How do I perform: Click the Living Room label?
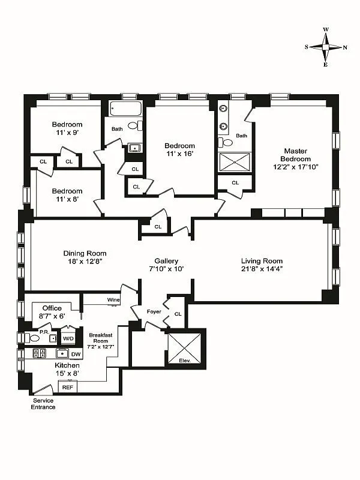(262, 260)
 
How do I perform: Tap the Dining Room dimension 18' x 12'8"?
(85, 261)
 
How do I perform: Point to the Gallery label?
(166, 260)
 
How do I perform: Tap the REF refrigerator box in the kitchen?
(67, 387)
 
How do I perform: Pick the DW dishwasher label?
(76, 354)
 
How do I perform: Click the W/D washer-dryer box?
(68, 337)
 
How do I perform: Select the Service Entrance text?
(43, 404)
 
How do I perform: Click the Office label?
(52, 308)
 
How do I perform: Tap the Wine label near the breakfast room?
(113, 299)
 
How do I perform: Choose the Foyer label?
(154, 311)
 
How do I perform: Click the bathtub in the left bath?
(126, 109)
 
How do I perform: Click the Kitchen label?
(67, 365)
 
